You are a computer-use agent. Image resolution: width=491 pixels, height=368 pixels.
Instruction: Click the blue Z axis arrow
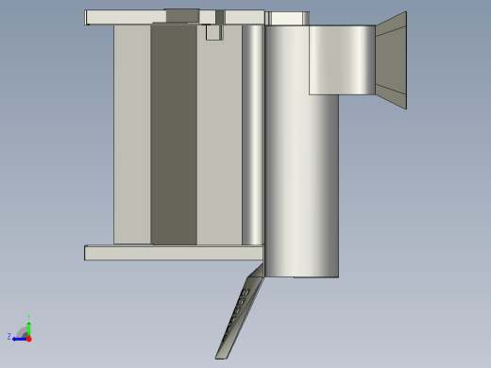pos(18,338)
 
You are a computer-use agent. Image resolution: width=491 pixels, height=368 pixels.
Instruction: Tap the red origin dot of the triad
pos(29,338)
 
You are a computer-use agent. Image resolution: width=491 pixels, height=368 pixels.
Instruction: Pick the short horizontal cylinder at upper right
pos(342,60)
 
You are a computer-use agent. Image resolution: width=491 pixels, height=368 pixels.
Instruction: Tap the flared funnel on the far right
pos(391,59)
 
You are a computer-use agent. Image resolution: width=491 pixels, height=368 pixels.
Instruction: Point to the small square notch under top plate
pos(213,32)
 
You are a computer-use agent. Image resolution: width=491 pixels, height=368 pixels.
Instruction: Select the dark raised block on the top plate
pos(182,15)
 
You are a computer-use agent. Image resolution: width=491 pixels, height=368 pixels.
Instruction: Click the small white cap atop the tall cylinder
pos(289,18)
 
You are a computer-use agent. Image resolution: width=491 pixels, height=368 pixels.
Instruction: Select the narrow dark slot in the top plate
pos(220,16)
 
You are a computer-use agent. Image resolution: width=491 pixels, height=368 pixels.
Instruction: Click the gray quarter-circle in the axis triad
pos(23,332)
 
